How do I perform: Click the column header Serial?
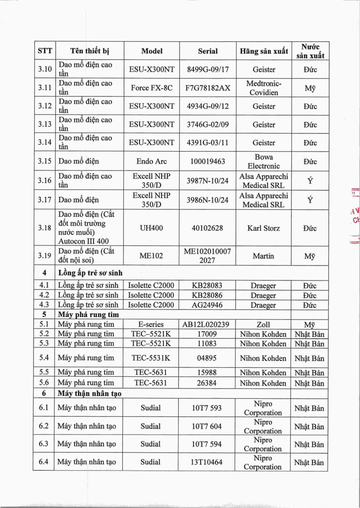click(x=207, y=51)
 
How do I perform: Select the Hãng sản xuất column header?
click(x=264, y=51)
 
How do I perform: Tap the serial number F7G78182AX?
click(x=207, y=88)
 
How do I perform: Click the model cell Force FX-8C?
click(x=152, y=88)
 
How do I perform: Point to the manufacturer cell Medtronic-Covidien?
click(x=264, y=88)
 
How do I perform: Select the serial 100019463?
click(x=207, y=161)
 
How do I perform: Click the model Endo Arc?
click(x=152, y=161)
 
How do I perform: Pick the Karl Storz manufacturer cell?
click(x=264, y=228)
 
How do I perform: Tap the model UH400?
click(x=152, y=228)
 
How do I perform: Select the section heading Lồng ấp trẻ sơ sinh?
click(x=90, y=273)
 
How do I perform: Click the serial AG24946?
click(x=207, y=305)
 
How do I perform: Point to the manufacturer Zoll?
click(x=264, y=325)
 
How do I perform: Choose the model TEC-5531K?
click(x=152, y=358)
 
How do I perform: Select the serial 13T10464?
click(x=207, y=462)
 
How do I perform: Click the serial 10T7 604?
click(x=207, y=426)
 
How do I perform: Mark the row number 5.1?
click(x=44, y=325)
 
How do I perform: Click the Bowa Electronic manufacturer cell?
click(x=264, y=161)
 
